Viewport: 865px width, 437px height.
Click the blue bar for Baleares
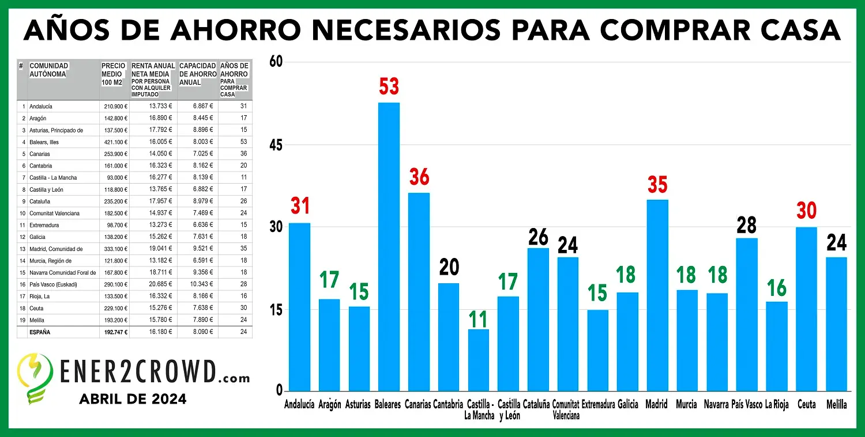pyautogui.click(x=389, y=248)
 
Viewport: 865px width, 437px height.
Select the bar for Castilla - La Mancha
pyautogui.click(x=478, y=360)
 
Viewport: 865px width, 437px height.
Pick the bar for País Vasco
pyautogui.click(x=747, y=314)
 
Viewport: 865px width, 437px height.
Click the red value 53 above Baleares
pyautogui.click(x=389, y=86)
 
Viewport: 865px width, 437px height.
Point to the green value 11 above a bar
pyautogui.click(x=478, y=319)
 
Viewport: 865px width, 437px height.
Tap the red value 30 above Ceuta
pyautogui.click(x=806, y=211)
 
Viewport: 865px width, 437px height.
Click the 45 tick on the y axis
pyautogui.click(x=277, y=145)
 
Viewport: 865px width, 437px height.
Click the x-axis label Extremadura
pyautogui.click(x=598, y=405)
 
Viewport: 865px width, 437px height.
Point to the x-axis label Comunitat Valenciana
pyautogui.click(x=566, y=410)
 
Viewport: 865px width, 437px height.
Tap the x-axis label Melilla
pyautogui.click(x=836, y=405)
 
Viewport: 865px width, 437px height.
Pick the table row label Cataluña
pyautogui.click(x=40, y=202)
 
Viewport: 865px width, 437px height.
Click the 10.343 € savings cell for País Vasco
pyautogui.click(x=198, y=284)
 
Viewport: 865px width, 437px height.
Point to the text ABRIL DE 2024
pyautogui.click(x=133, y=398)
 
